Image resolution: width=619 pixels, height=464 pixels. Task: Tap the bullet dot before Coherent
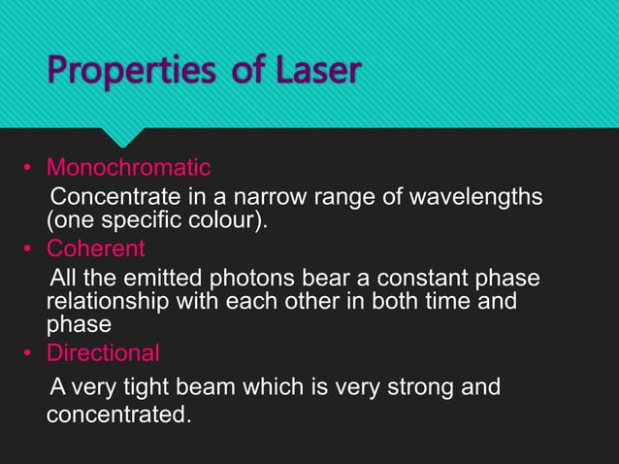point(29,250)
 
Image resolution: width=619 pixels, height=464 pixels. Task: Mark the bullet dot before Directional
point(29,352)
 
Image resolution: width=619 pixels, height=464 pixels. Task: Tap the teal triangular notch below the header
point(126,138)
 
